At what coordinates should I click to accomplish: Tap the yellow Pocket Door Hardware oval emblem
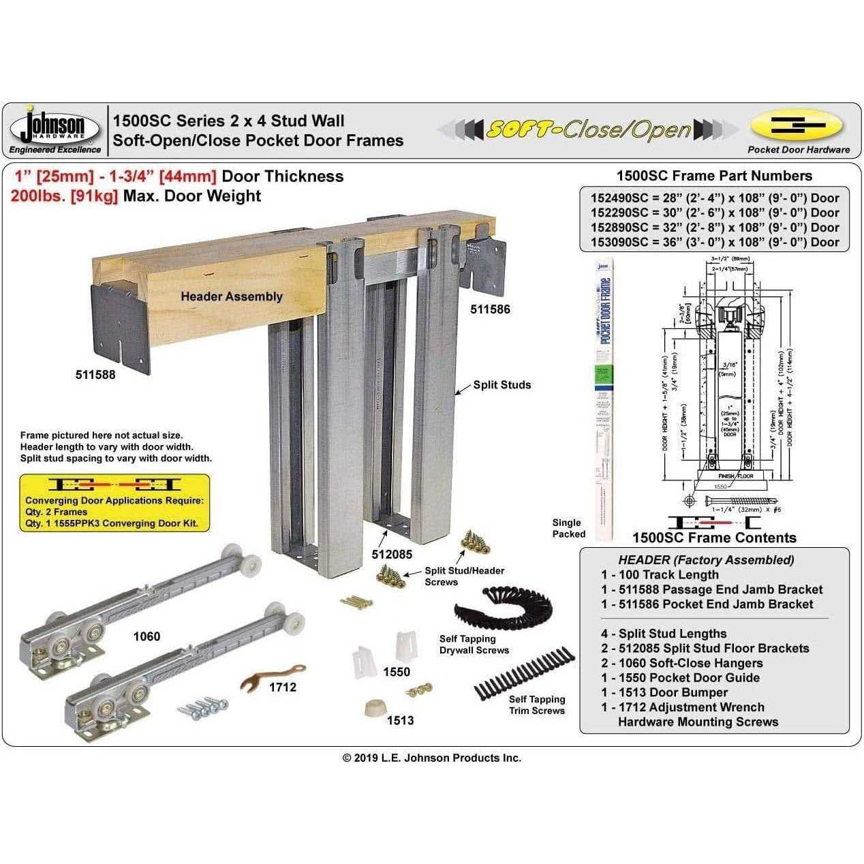tap(797, 127)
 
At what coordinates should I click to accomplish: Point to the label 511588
tap(95, 375)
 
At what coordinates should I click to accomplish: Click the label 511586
tap(490, 309)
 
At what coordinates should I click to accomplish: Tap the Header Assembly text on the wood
tap(231, 296)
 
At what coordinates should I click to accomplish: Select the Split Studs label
tap(502, 385)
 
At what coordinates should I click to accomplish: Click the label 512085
tap(392, 554)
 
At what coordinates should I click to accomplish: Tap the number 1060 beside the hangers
tap(146, 636)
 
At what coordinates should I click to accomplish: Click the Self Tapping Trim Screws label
tap(536, 705)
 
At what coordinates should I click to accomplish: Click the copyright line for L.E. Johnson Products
tap(431, 758)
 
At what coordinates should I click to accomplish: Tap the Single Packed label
tap(568, 528)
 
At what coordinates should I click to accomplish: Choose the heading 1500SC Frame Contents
tap(714, 538)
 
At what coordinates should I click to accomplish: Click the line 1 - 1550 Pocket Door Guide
tap(680, 677)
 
